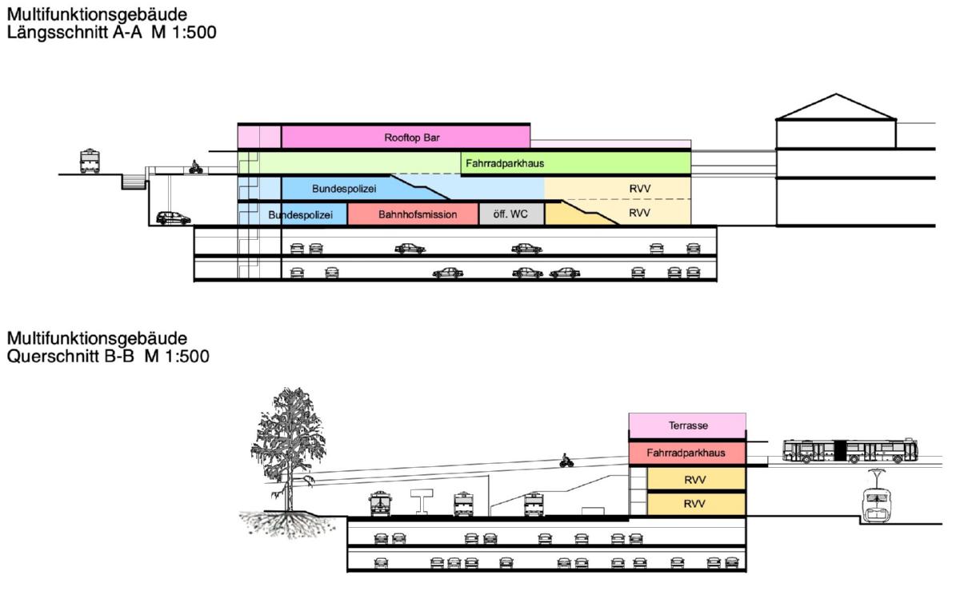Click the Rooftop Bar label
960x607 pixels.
click(412, 138)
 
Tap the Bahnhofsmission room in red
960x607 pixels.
click(413, 214)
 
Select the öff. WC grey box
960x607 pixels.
click(512, 214)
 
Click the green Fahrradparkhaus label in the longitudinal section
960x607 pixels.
click(505, 163)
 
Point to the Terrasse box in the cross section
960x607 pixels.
click(687, 425)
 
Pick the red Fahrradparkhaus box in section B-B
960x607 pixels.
click(687, 453)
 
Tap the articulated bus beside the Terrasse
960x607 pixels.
click(850, 450)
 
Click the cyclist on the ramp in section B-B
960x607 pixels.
click(566, 461)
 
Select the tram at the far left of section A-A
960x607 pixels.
click(90, 161)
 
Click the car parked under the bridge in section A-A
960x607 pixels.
click(173, 218)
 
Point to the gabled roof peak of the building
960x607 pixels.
click(836, 94)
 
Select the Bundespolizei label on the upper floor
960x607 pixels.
click(344, 189)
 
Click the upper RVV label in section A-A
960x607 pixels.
click(640, 189)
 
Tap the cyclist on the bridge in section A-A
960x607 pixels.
click(196, 167)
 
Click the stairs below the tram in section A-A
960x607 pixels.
click(134, 182)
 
